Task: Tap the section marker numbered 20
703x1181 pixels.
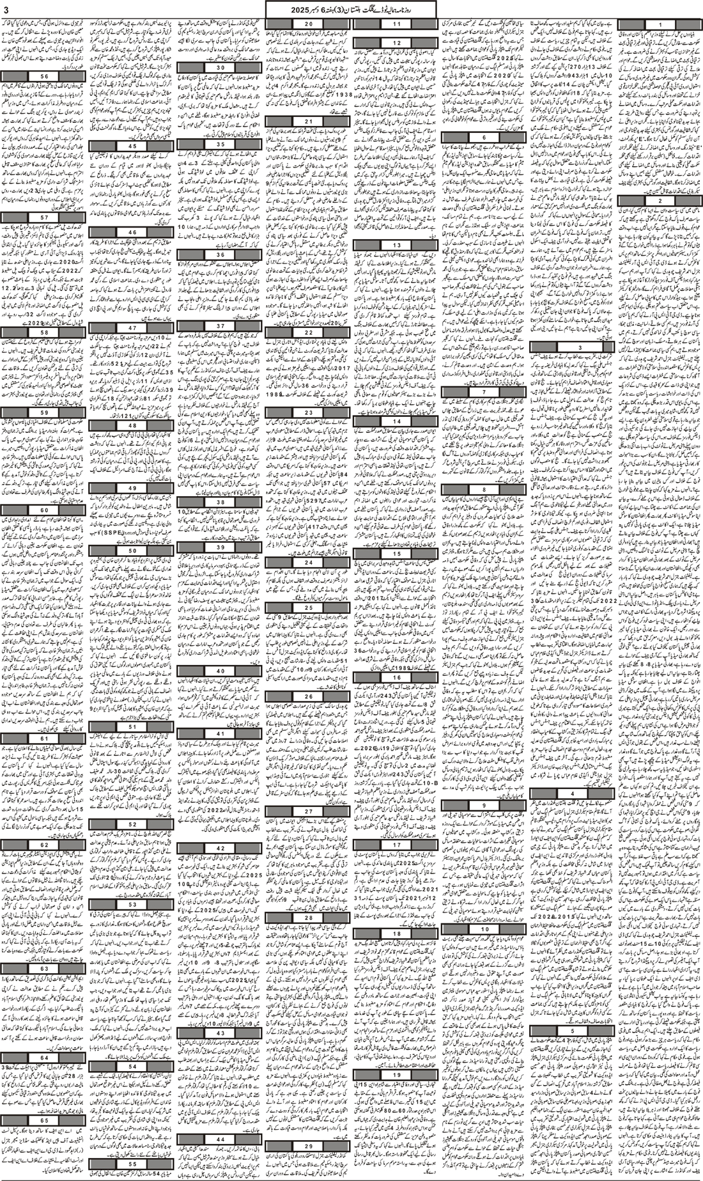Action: pyautogui.click(x=308, y=24)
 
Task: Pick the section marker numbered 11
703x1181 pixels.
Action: pyautogui.click(x=396, y=24)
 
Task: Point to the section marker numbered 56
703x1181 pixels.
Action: pyautogui.click(x=43, y=75)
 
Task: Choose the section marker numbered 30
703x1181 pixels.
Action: pyautogui.click(x=220, y=67)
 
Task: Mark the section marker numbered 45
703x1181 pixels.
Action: pyautogui.click(x=132, y=146)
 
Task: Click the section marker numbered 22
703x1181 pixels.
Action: pyautogui.click(x=308, y=332)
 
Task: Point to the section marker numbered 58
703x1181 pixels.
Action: pyautogui.click(x=43, y=332)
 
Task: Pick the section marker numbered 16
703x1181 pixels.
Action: pyautogui.click(x=396, y=677)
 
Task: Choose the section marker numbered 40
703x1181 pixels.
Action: pyautogui.click(x=220, y=671)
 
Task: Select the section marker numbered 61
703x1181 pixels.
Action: pyautogui.click(x=43, y=738)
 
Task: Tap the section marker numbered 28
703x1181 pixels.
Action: pyautogui.click(x=308, y=918)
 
